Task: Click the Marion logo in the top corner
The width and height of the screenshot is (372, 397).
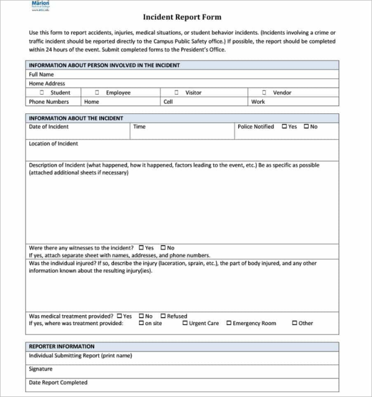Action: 40,6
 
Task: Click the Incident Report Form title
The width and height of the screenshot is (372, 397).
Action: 182,17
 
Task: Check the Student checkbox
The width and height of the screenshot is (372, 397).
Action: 42,92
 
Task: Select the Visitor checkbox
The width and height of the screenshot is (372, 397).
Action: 176,92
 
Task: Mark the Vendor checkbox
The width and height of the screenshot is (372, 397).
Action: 264,92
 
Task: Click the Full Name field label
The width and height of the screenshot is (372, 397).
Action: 42,74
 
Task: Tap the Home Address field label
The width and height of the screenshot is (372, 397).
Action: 46,83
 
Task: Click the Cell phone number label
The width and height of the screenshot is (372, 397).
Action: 168,102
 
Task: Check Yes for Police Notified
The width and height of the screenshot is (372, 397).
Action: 285,127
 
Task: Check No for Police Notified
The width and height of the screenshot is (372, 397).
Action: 306,127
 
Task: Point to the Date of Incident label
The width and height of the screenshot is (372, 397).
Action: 49,127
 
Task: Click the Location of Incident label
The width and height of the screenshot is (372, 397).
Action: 53,143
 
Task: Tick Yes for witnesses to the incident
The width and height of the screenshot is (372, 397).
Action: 141,248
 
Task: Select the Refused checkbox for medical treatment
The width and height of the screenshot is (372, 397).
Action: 163,316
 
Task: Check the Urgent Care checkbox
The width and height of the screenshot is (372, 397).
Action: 185,323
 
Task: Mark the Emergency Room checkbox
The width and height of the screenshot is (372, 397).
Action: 229,323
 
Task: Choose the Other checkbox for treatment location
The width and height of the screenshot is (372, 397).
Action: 294,323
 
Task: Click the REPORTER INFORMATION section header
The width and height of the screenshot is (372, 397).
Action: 61,346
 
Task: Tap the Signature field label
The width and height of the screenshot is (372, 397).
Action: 41,368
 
